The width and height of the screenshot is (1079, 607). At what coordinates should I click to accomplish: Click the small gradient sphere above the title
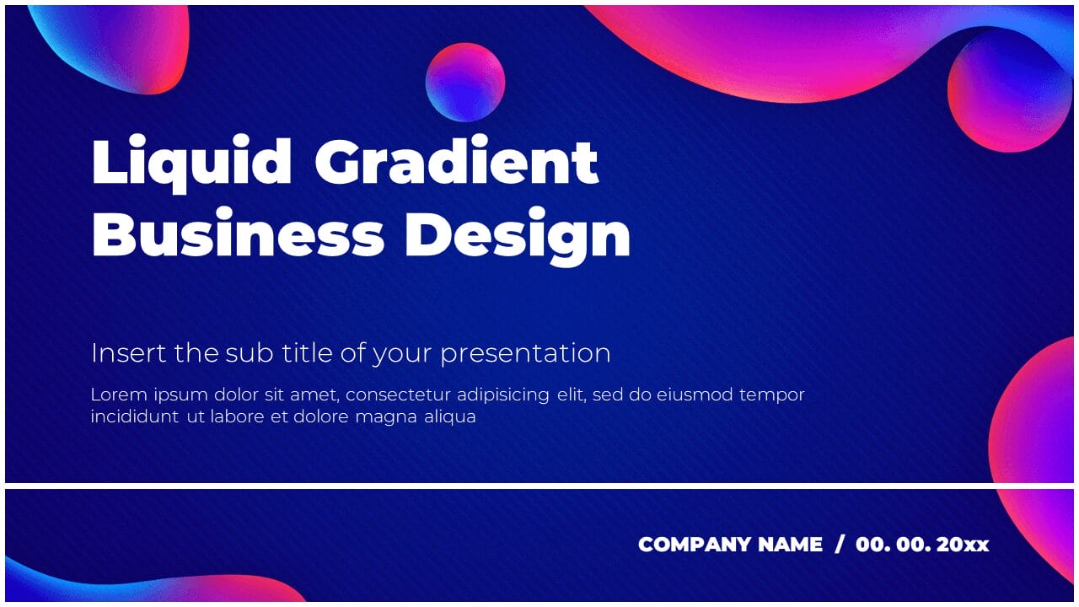click(465, 83)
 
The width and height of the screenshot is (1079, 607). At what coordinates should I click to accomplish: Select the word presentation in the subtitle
click(525, 353)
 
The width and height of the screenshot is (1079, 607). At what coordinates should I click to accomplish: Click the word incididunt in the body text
click(134, 416)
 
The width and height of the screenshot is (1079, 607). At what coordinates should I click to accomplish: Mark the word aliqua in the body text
click(450, 416)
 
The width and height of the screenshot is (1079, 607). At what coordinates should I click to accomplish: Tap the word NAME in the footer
click(790, 545)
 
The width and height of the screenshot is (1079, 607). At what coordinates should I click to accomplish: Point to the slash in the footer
click(839, 545)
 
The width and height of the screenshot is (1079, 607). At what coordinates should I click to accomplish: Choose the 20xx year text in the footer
click(962, 545)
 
